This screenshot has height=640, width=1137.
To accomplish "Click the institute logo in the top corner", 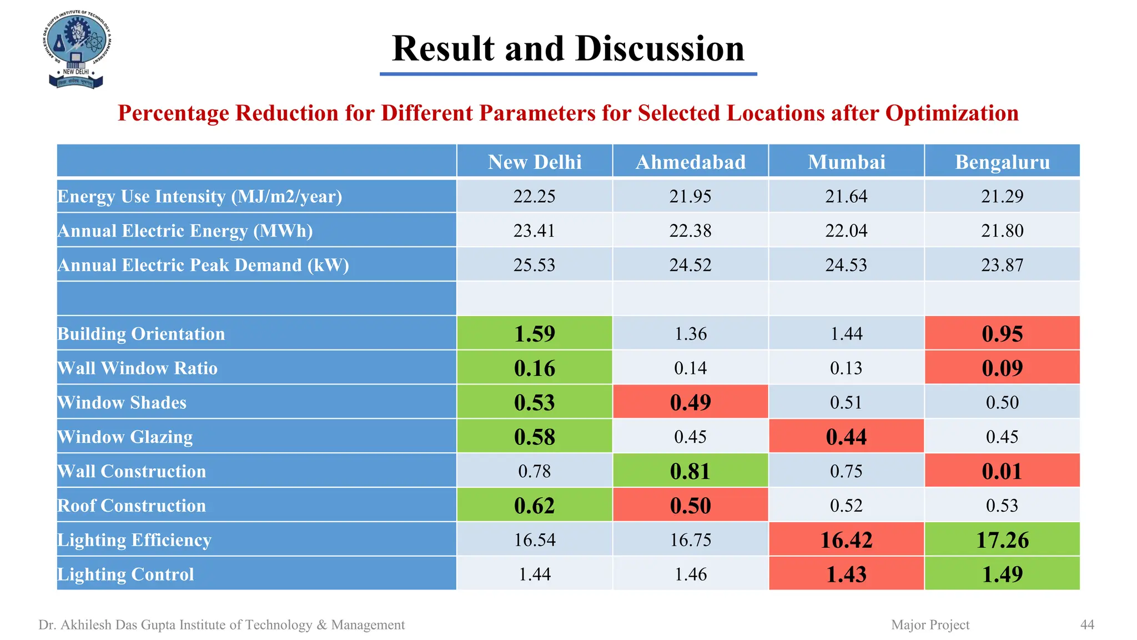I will [x=76, y=50].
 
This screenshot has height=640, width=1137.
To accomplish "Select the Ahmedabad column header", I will [x=690, y=162].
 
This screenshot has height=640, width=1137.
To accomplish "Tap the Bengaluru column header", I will [x=1002, y=162].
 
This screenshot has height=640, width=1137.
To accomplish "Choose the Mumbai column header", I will [x=846, y=162].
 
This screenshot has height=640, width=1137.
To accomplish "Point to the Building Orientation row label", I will [x=141, y=334].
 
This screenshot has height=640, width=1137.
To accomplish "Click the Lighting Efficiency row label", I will [x=134, y=540].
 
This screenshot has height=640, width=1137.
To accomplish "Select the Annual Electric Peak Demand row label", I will [x=203, y=265].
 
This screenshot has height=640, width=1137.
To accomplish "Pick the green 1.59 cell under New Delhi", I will [x=534, y=333].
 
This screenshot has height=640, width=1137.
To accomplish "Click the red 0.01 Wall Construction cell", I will [x=1002, y=471].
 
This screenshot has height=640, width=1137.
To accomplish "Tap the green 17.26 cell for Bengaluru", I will [x=1002, y=540].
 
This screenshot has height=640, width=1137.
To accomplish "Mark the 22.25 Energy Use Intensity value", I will [x=534, y=196].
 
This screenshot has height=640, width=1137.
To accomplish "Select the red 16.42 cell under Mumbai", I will [x=846, y=540].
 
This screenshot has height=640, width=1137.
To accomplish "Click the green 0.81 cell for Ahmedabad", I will [x=690, y=471].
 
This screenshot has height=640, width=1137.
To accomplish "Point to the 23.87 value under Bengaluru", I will [x=1002, y=265].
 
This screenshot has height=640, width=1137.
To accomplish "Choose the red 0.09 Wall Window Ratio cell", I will [x=1002, y=368].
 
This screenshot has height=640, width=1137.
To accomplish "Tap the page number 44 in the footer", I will [x=1087, y=625].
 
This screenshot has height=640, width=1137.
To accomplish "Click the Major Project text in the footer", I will [x=930, y=625].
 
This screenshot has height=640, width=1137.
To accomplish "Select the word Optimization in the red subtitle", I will [x=952, y=113].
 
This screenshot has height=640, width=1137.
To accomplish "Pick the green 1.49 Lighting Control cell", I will [x=1002, y=574].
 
